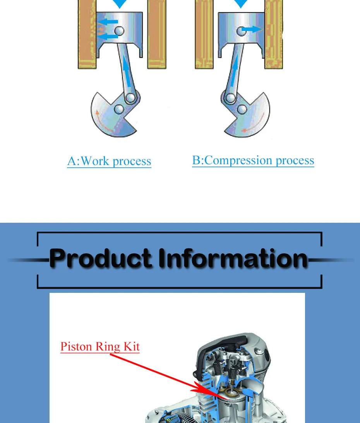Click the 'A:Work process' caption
tap(109, 161)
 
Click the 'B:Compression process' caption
tap(253, 160)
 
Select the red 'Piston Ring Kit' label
tap(100, 346)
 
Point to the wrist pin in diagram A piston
tap(119, 31)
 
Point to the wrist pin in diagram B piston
tap(241, 31)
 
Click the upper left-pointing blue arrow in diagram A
tap(109, 22)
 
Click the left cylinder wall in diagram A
tap(87, 35)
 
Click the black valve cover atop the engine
tap(228, 345)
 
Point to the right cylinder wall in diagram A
tap(157, 35)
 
